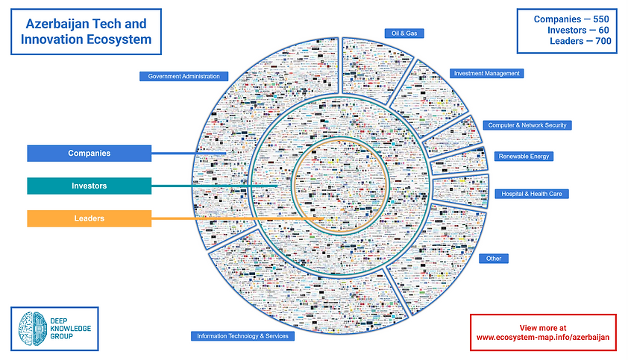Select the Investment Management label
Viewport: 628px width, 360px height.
[487, 73]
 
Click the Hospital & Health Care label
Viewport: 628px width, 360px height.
[532, 194]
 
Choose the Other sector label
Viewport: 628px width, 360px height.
[494, 259]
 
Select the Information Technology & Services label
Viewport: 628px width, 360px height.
[242, 336]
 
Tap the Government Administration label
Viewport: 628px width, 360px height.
[183, 76]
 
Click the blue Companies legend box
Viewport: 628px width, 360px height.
[89, 154]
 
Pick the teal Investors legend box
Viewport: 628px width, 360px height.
[89, 186]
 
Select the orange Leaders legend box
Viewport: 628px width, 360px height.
[89, 218]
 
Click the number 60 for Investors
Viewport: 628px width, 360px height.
[604, 30]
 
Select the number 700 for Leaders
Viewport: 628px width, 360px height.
[601, 42]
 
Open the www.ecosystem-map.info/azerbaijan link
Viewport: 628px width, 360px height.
[543, 337]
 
